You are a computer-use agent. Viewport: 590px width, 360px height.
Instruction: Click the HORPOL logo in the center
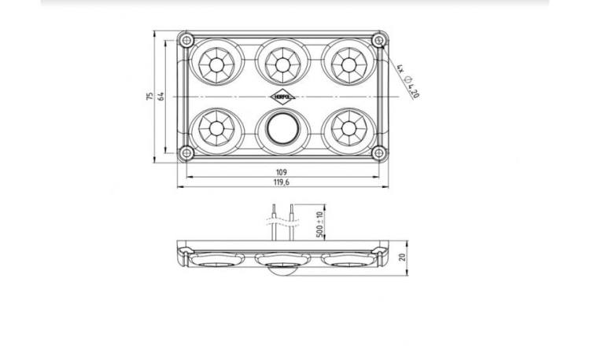282,95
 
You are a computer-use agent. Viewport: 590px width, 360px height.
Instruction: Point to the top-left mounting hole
186,39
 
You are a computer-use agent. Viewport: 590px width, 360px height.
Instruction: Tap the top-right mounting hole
378,39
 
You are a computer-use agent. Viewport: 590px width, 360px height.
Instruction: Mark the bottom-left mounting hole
186,152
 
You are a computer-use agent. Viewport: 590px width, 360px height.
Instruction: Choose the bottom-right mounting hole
378,152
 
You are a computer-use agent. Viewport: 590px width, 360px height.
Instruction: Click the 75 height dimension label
149,96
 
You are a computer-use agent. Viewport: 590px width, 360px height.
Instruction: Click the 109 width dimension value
282,171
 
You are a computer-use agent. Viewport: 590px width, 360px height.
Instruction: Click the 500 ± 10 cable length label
319,224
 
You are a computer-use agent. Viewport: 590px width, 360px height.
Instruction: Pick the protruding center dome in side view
282,274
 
